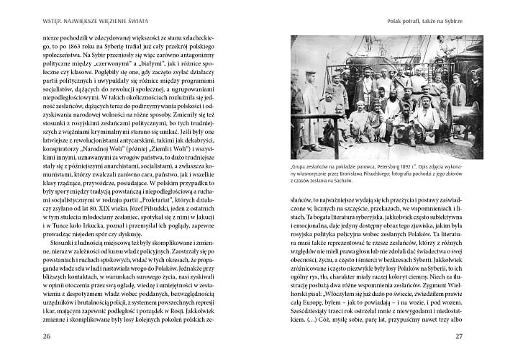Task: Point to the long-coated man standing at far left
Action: tap(307, 108)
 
